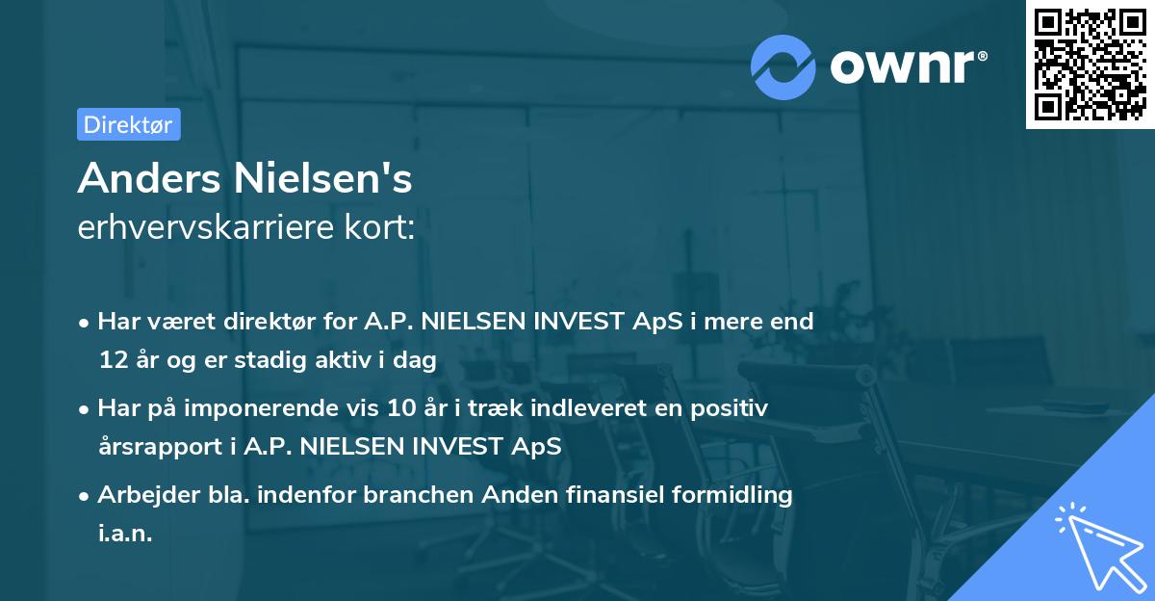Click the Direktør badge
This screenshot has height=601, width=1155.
(x=128, y=124)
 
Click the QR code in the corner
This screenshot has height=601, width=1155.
(x=1090, y=64)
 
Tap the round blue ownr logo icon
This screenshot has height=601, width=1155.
(x=783, y=66)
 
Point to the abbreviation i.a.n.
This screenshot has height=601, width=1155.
(x=125, y=534)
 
